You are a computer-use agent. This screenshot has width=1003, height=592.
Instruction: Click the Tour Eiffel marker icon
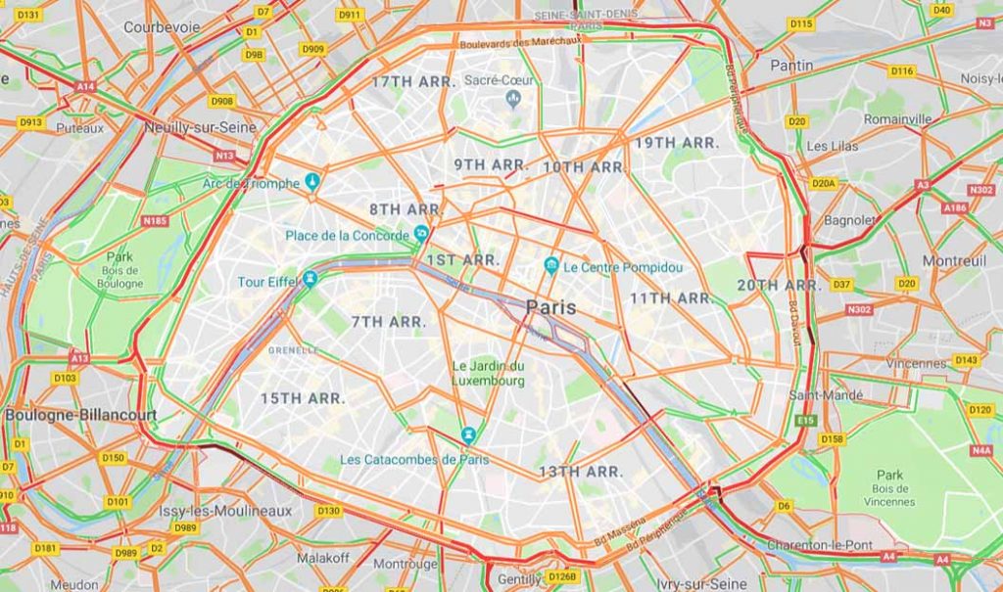coord(310,279)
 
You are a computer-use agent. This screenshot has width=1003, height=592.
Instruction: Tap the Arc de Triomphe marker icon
coord(312,181)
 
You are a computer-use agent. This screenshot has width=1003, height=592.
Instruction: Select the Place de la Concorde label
coord(348,236)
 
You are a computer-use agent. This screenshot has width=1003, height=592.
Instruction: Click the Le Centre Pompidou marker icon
coord(551,266)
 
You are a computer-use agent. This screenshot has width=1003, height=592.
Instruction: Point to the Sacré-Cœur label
coord(501,80)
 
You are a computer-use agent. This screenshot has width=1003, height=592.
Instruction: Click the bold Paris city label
coord(550,307)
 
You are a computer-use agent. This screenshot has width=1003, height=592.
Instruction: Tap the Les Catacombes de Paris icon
coord(469,434)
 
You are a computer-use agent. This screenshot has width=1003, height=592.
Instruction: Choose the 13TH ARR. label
coord(580,472)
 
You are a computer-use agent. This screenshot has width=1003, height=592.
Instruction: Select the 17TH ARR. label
coord(412,82)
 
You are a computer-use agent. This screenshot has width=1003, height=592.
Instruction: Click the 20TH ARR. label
coord(779,285)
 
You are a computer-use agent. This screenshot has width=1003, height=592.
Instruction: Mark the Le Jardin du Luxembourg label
coord(488,374)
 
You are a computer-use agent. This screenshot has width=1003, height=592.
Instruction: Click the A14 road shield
coord(85,87)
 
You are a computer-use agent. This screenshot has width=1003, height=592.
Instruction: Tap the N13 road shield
coord(225,156)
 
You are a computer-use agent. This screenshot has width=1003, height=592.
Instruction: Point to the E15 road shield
coord(806,420)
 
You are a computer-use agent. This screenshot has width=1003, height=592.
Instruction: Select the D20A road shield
coord(823,183)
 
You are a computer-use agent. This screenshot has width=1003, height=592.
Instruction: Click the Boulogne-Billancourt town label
coord(80,415)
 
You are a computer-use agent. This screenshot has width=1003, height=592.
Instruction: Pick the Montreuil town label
coord(954,261)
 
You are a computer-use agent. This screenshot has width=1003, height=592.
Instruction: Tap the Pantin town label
coord(790,65)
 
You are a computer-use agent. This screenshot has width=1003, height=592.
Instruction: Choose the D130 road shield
coord(328,511)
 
